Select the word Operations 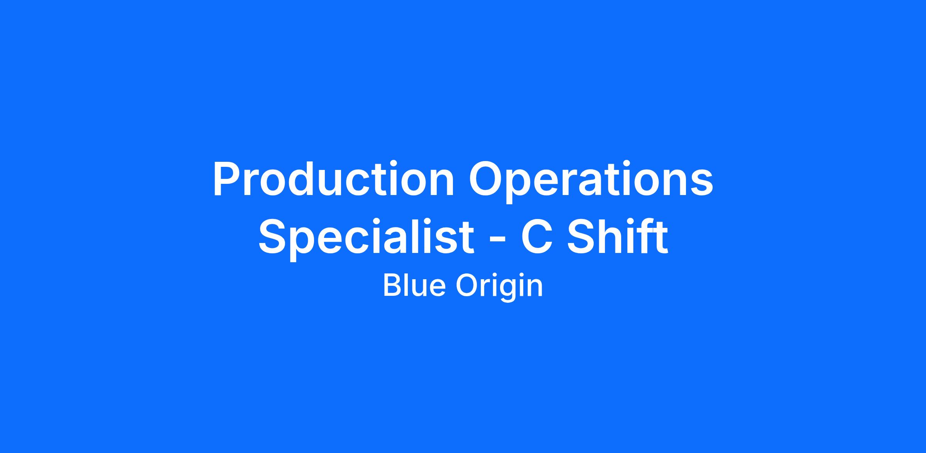591,182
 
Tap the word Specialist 366,237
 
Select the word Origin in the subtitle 499,287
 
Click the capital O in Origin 468,285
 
